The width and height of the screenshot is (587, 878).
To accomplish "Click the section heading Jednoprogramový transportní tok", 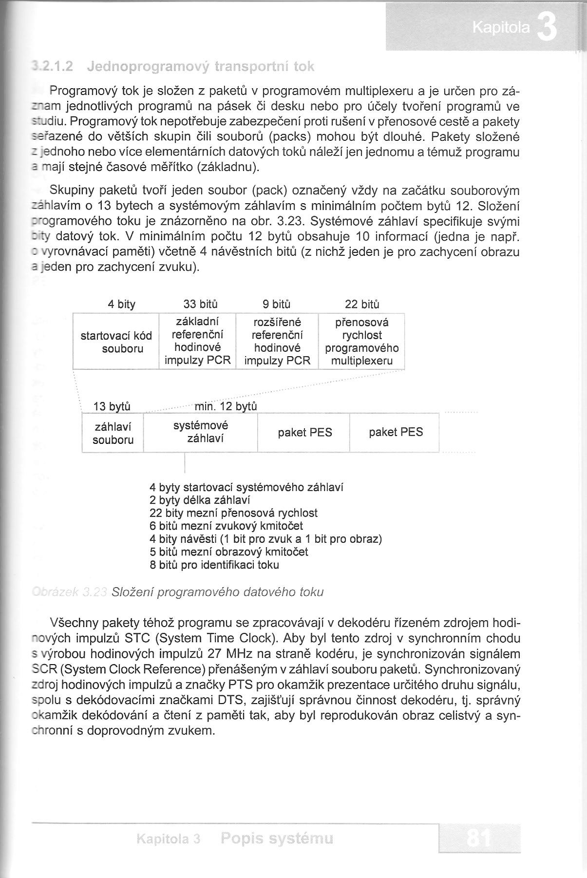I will pos(200,66).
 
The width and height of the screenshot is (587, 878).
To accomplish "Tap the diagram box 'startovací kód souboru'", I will pos(116,342).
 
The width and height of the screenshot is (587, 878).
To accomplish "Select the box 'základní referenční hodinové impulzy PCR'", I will pos(197,342).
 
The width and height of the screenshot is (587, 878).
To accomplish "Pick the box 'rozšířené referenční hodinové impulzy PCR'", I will pos(277,342).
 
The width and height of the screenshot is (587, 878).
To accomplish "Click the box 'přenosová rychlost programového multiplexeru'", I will pos(361,342).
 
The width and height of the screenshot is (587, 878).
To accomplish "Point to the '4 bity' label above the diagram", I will pos(122,305).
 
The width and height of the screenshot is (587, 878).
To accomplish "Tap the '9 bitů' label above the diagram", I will pos(277,305).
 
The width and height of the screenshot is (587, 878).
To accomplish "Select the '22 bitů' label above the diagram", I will pos(362,305).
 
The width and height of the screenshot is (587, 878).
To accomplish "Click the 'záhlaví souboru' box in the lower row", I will pos(113,433).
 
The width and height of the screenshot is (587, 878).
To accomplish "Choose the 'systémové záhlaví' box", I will pos(200,432).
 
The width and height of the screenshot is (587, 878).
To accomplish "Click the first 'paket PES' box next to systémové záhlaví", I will pos(305,433).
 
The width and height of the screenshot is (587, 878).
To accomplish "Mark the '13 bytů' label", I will pos(112,406).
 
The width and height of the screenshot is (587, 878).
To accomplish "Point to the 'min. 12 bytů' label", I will pos(226,406).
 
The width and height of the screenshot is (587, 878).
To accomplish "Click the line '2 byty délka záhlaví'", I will pos(200,500).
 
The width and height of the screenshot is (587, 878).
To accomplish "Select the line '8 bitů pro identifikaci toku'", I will pos(214,565).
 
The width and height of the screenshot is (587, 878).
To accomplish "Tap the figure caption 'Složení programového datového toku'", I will pos(217,592).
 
